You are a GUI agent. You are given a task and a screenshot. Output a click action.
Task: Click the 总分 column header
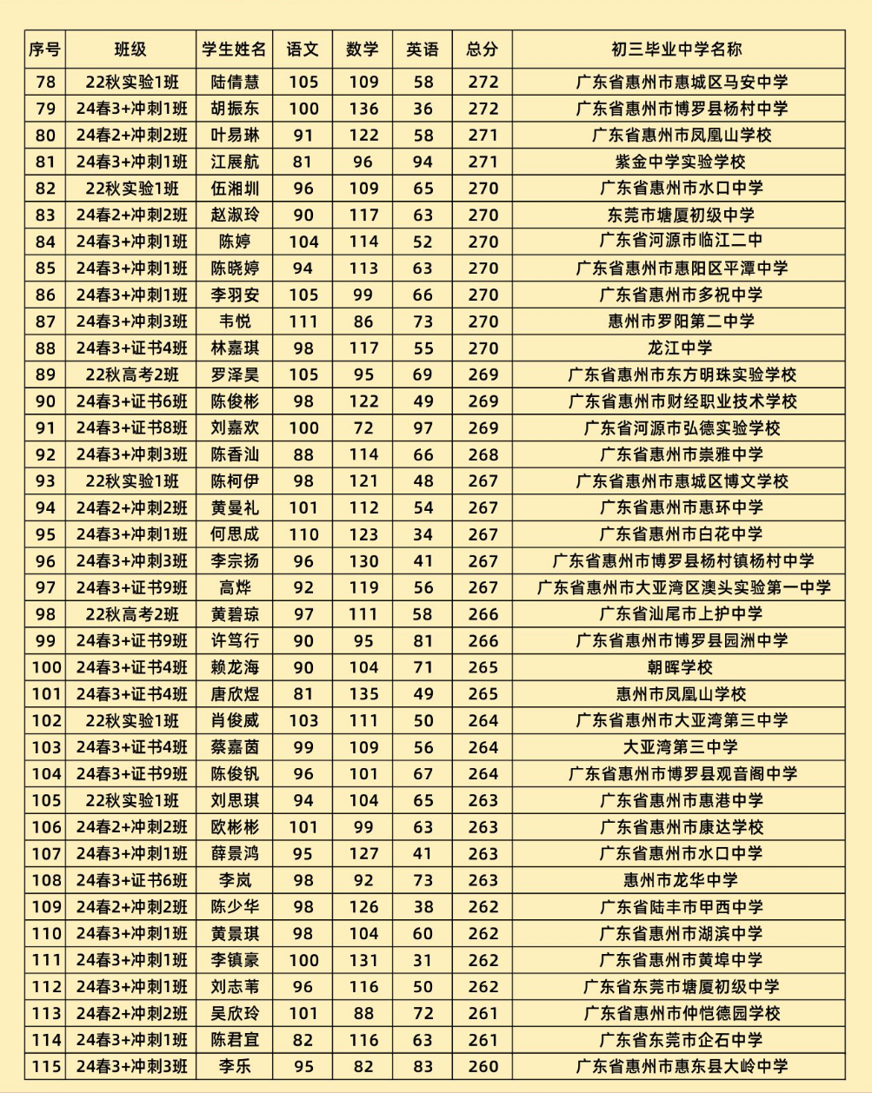tap(482, 50)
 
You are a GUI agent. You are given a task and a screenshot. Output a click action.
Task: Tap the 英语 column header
tap(423, 50)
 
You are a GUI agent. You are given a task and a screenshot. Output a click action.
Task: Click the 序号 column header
tap(45, 50)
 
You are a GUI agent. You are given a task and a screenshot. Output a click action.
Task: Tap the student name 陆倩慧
tap(235, 83)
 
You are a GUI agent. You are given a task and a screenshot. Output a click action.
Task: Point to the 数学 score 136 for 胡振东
tap(363, 109)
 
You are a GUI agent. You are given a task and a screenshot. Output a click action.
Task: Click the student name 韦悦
tap(235, 321)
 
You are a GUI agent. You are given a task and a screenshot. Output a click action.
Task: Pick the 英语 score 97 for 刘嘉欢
tap(423, 427)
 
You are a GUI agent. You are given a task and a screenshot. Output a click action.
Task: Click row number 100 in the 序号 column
tap(45, 667)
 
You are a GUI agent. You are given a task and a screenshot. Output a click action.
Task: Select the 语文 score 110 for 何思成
tap(303, 534)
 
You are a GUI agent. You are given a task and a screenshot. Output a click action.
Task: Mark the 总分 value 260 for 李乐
tap(482, 1067)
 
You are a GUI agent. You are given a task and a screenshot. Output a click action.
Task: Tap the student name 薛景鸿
tap(235, 853)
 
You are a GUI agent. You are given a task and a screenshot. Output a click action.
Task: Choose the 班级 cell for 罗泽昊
tap(131, 374)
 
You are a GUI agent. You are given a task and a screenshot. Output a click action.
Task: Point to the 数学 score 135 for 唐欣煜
tap(363, 694)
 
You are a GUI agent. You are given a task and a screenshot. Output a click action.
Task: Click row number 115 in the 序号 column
tap(45, 1067)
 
